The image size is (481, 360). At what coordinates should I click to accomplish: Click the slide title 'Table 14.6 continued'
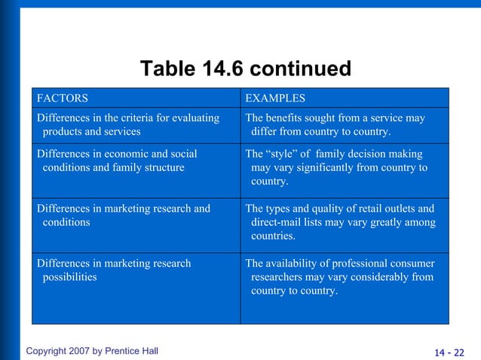(246, 70)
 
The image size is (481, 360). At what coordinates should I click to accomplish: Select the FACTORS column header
(62, 98)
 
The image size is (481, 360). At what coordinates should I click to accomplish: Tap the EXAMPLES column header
(275, 98)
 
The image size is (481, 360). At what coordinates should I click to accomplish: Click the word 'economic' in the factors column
(125, 154)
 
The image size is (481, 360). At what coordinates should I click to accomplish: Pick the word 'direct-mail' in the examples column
(278, 223)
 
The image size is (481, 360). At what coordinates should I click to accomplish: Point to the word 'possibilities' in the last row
(70, 277)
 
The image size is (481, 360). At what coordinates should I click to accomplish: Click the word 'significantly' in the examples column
(311, 167)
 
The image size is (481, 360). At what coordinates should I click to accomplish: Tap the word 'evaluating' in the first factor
(195, 118)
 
